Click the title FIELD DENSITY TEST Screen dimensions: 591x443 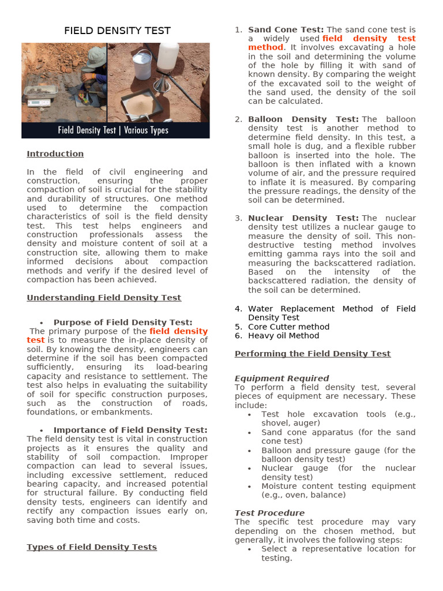click(117, 31)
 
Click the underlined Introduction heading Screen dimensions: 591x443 click(55, 154)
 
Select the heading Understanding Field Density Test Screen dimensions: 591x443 click(104, 298)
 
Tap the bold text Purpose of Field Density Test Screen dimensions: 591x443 click(123, 322)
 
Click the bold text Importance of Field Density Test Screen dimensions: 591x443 click(130, 430)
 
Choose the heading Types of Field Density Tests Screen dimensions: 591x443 click(92, 547)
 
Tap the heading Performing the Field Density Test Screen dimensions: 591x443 click(313, 353)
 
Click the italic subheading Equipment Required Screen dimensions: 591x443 click(281, 379)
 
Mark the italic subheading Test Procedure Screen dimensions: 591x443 click(269, 513)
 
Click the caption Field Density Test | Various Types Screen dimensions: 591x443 click(113, 130)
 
